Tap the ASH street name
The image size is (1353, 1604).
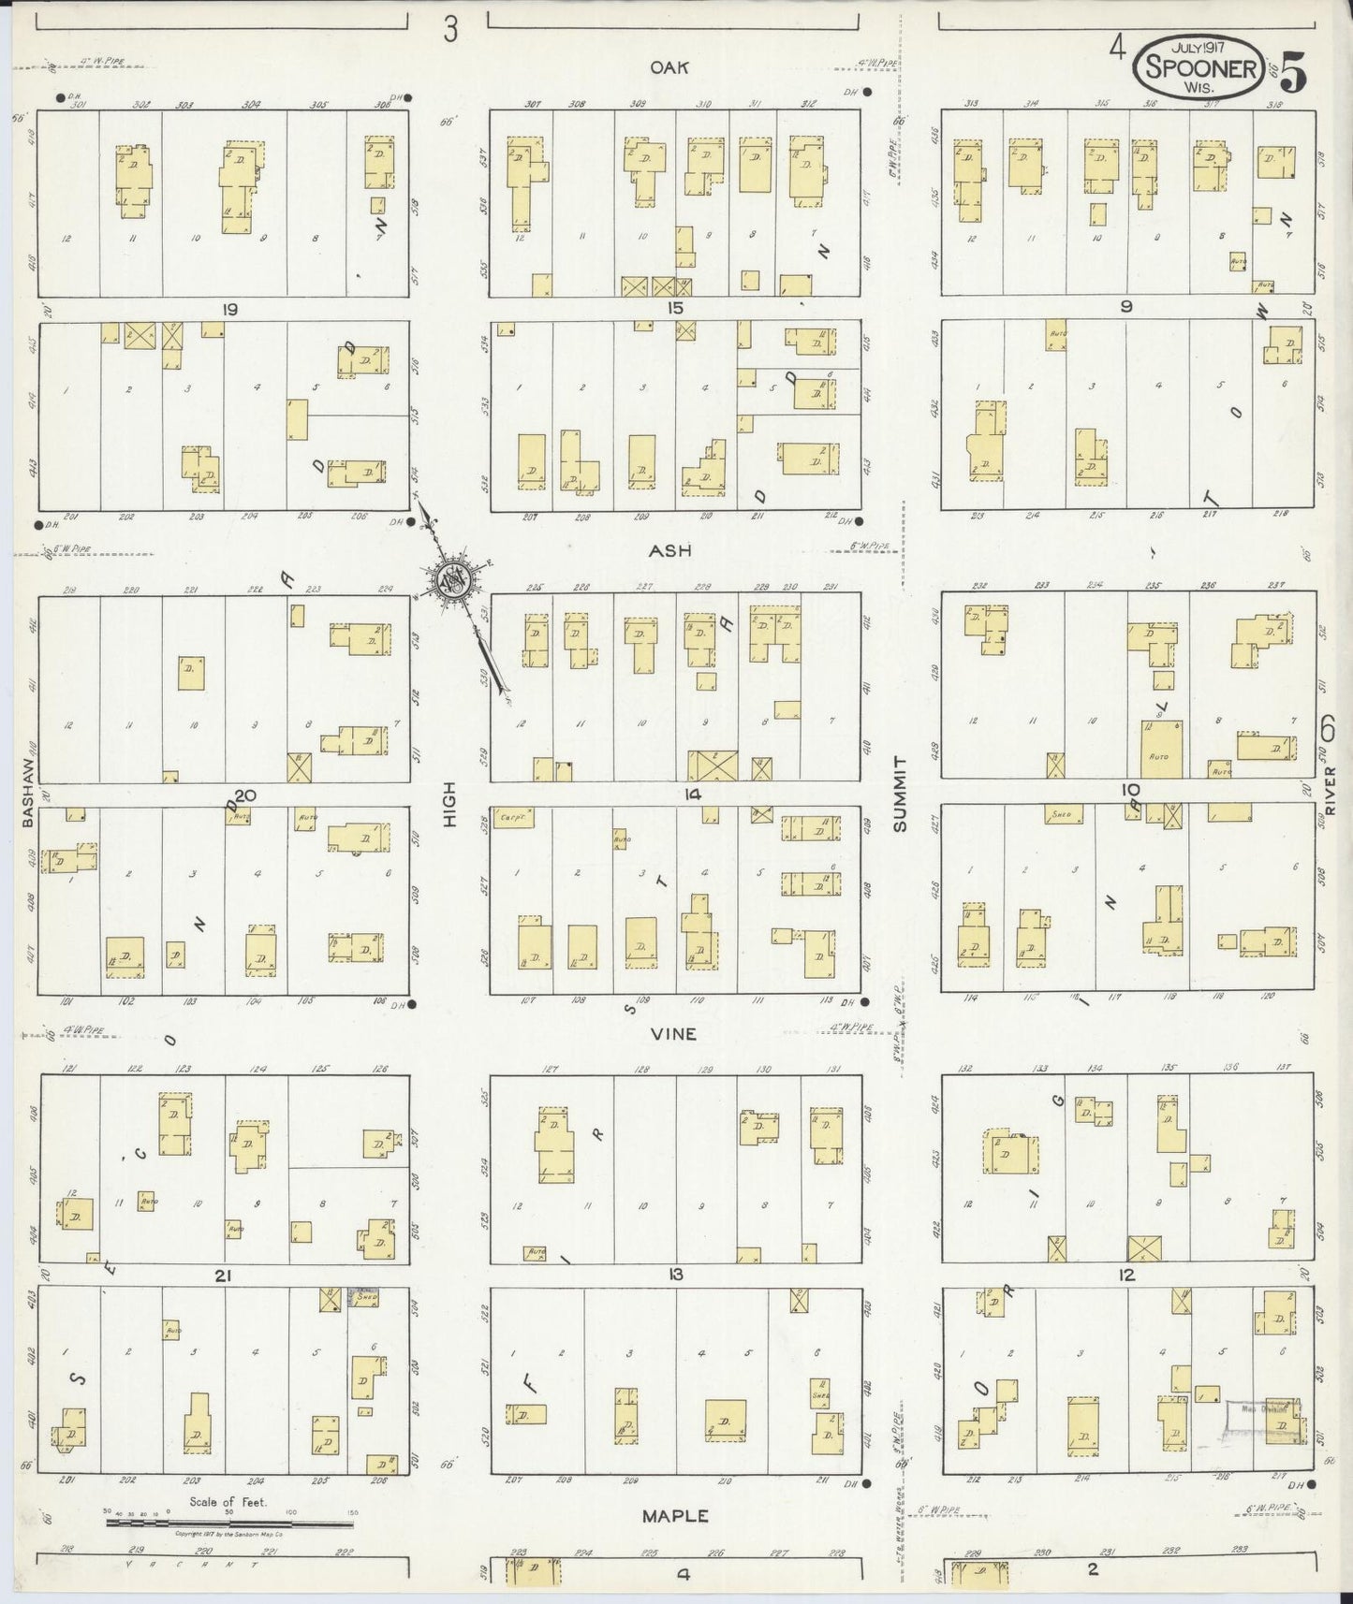(x=670, y=551)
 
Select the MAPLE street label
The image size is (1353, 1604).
(x=674, y=1515)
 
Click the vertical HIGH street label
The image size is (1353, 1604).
(x=449, y=804)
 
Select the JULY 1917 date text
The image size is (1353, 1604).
(x=1201, y=45)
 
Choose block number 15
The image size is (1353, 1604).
(x=675, y=308)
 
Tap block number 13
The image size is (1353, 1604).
(x=675, y=1275)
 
